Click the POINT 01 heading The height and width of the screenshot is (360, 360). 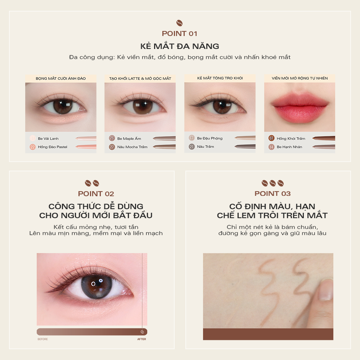pyautogui.click(x=180, y=33)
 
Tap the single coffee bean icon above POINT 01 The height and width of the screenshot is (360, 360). pyautogui.click(x=180, y=23)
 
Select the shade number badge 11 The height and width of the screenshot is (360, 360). pyautogui.click(x=33, y=138)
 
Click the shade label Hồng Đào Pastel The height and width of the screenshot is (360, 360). pyautogui.click(x=53, y=147)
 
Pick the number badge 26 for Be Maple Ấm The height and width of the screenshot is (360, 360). pyautogui.click(x=112, y=138)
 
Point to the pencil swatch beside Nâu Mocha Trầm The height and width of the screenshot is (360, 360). pyautogui.click(x=164, y=147)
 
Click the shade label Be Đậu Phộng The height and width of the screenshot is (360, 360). pyautogui.click(x=210, y=138)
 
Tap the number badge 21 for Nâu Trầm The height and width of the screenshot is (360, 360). pyautogui.click(x=192, y=147)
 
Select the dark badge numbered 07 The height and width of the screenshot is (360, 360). pyautogui.click(x=271, y=138)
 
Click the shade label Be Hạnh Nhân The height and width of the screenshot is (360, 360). pyautogui.click(x=289, y=147)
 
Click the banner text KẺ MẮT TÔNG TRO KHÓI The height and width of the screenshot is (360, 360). pyautogui.click(x=220, y=78)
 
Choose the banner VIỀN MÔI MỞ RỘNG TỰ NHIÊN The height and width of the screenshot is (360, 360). pyautogui.click(x=300, y=78)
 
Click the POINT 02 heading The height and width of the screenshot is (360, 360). pyautogui.click(x=96, y=194)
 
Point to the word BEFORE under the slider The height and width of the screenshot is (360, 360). pyautogui.click(x=43, y=339)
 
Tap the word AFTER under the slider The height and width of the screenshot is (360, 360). pyautogui.click(x=141, y=339)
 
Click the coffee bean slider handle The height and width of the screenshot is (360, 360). pyautogui.click(x=142, y=332)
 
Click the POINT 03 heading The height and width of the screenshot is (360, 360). pyautogui.click(x=273, y=194)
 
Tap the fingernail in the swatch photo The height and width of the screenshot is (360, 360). pyautogui.click(x=326, y=290)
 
